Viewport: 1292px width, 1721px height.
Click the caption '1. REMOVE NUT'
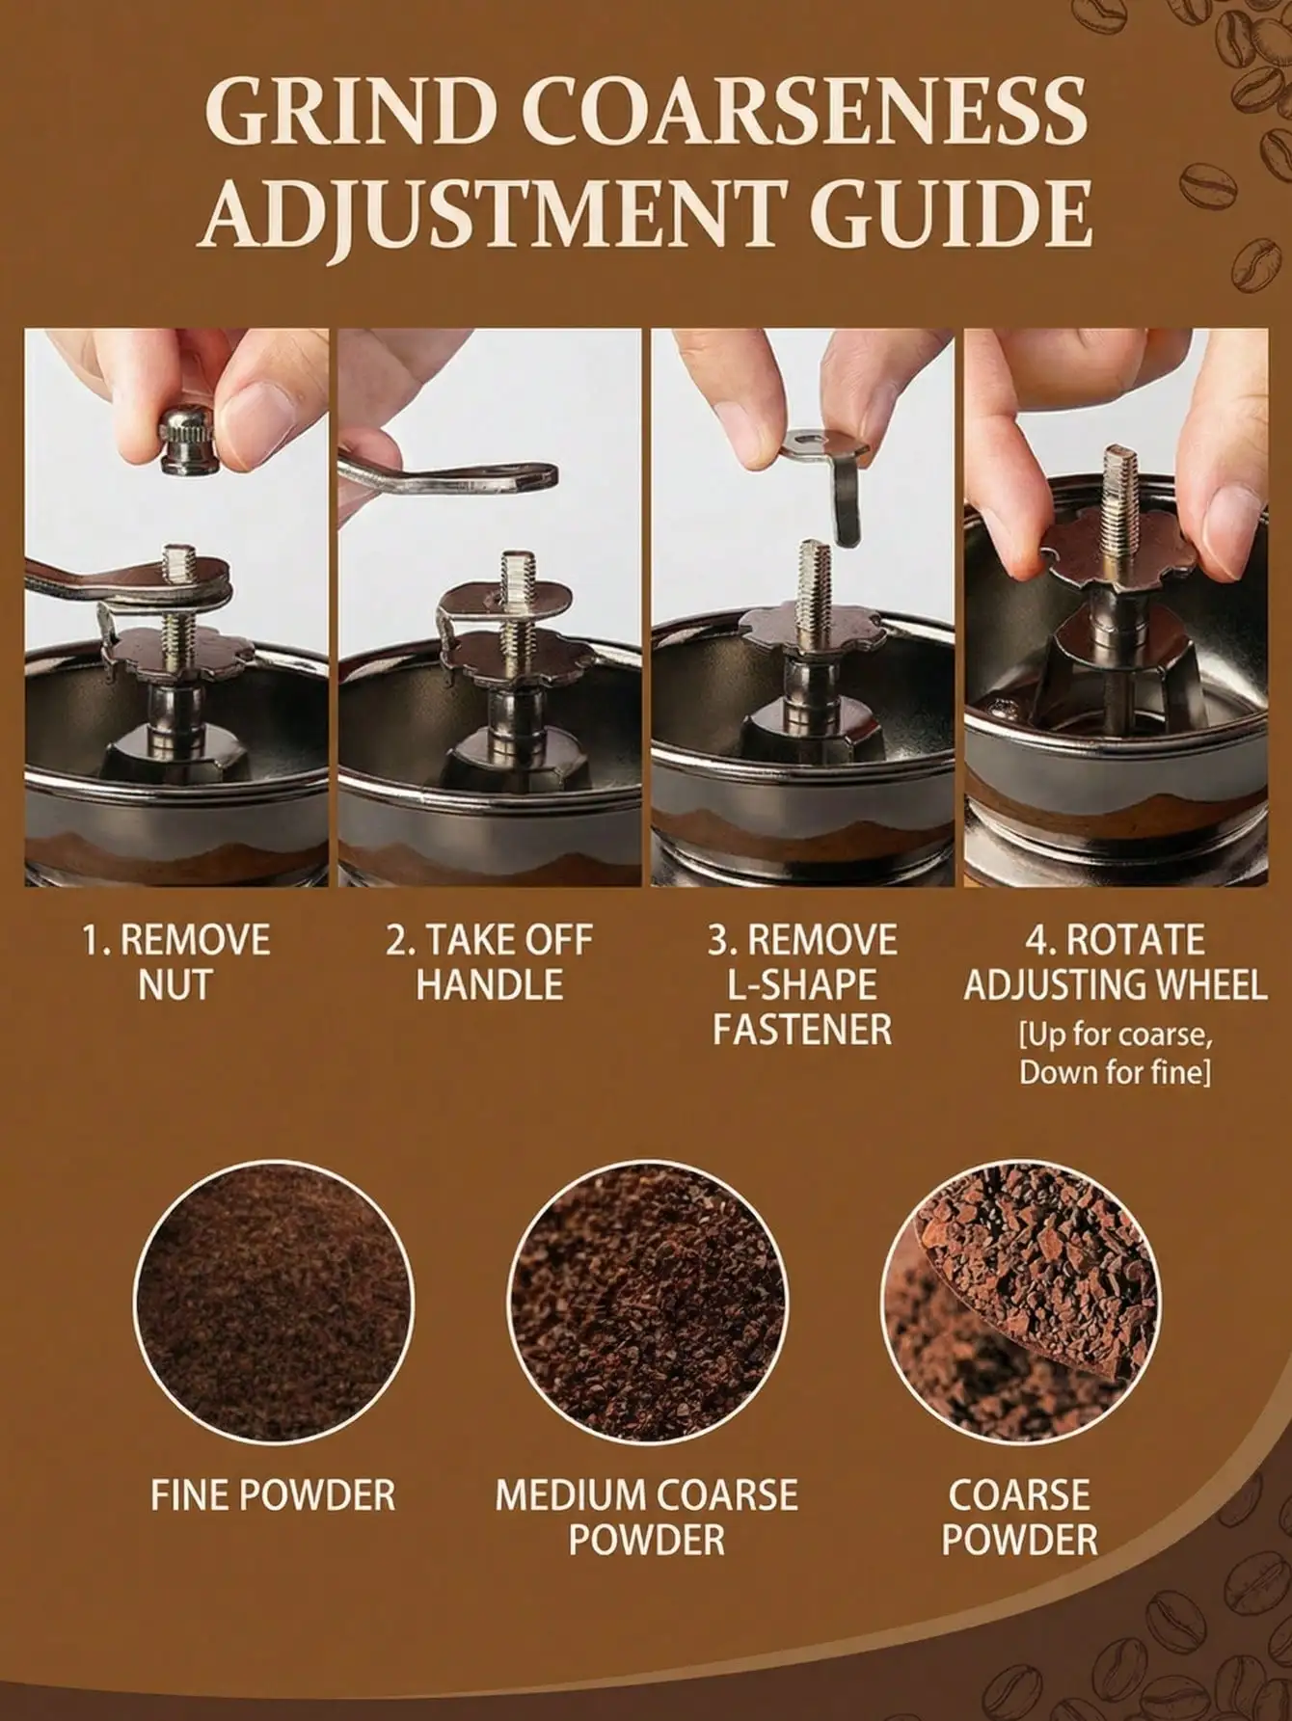click(175, 962)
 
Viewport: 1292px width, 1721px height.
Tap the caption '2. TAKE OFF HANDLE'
click(489, 962)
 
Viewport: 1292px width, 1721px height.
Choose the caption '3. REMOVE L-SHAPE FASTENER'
click(802, 984)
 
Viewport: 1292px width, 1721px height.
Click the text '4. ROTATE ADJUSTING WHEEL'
click(1115, 962)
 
